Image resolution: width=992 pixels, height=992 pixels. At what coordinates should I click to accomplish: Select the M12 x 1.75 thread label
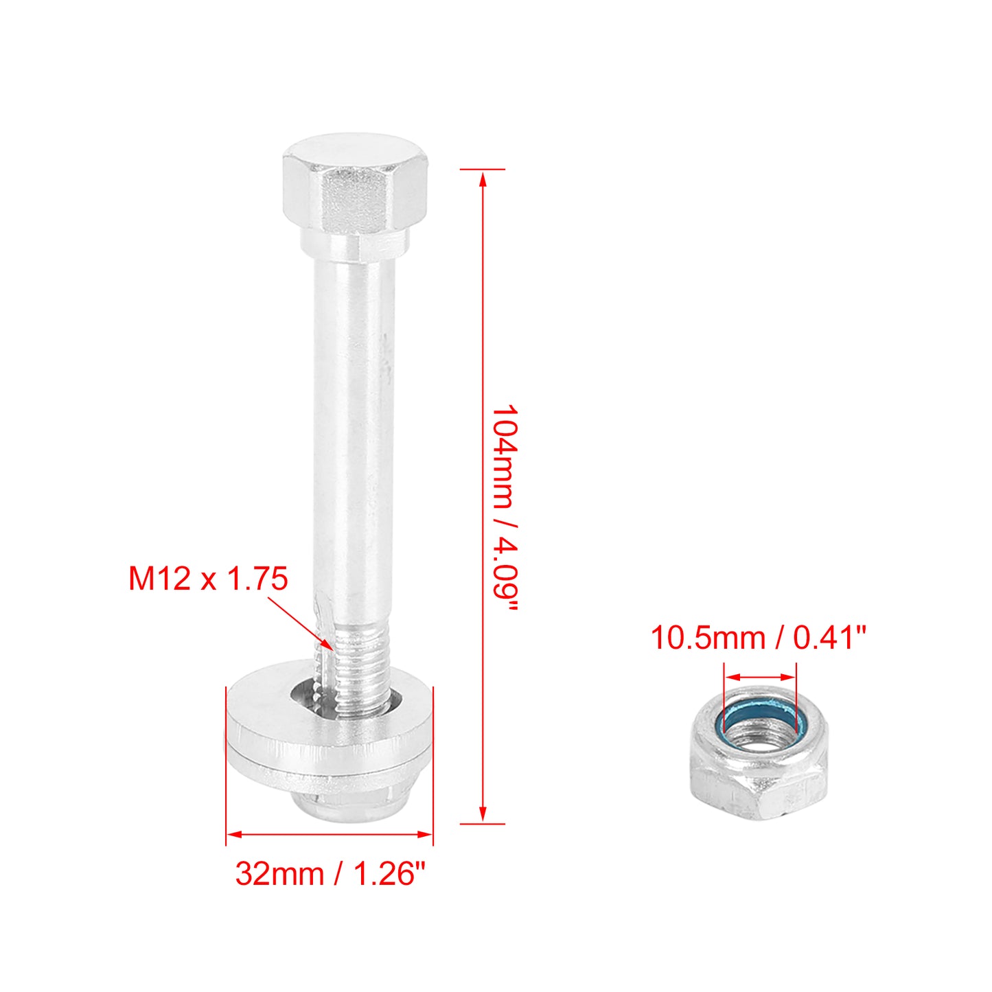click(x=208, y=579)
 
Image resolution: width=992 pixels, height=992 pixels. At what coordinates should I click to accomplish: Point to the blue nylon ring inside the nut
click(x=761, y=721)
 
